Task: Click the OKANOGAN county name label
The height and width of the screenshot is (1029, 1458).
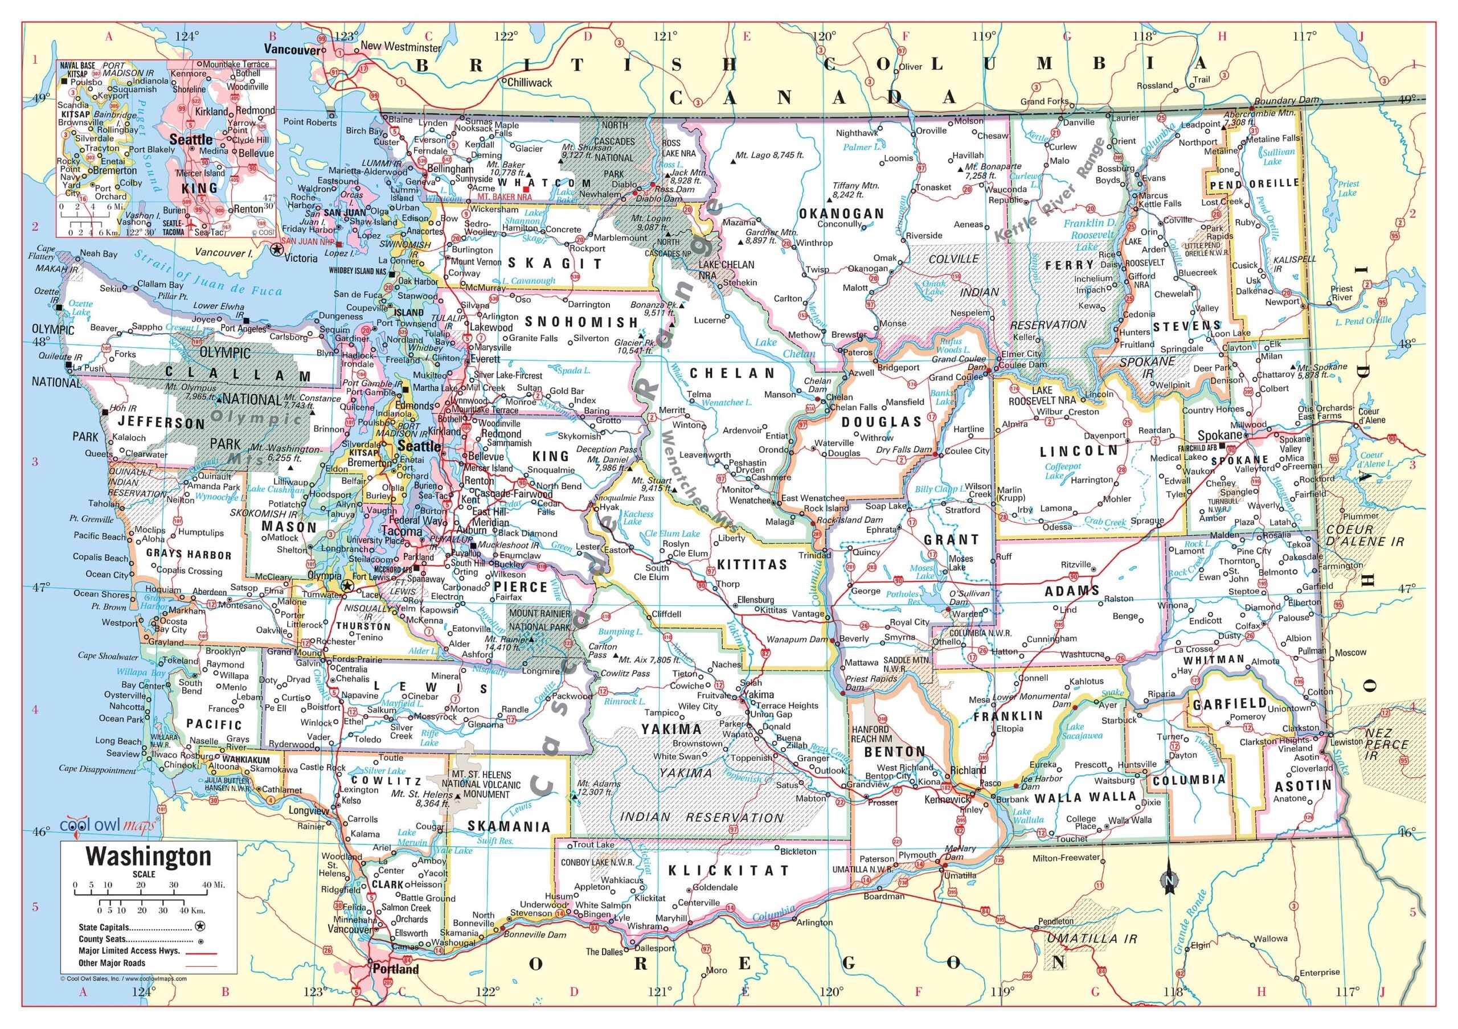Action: pyautogui.click(x=841, y=214)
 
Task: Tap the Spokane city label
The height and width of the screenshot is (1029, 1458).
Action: pyautogui.click(x=1219, y=436)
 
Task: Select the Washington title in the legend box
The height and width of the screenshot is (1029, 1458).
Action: pyautogui.click(x=149, y=856)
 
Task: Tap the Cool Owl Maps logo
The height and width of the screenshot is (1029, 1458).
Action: pyautogui.click(x=107, y=826)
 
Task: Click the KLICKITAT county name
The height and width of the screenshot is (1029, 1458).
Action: pyautogui.click(x=728, y=870)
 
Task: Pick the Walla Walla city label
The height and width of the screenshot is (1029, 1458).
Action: pyautogui.click(x=1130, y=819)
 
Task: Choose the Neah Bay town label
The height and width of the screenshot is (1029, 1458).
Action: pyautogui.click(x=99, y=253)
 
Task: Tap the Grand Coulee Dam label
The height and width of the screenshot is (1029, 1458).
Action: pyautogui.click(x=960, y=363)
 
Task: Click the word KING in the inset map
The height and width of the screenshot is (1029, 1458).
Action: pyautogui.click(x=199, y=188)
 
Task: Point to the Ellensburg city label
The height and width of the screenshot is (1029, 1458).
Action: pyautogui.click(x=755, y=599)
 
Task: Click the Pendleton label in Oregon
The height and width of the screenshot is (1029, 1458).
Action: pyautogui.click(x=1055, y=920)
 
